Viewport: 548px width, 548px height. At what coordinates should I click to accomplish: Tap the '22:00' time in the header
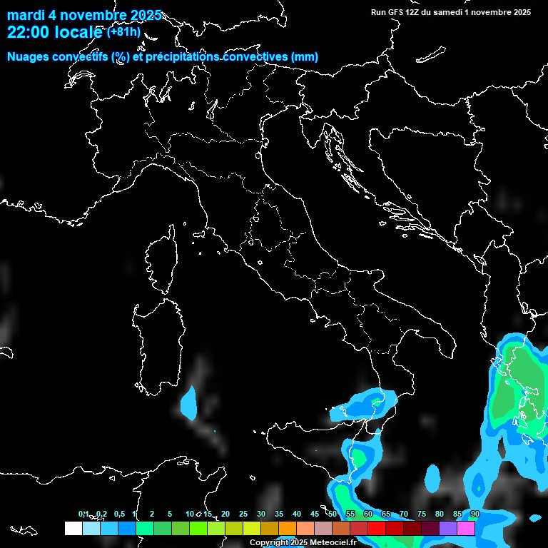pyautogui.click(x=26, y=33)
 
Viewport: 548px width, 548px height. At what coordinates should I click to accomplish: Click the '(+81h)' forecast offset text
pyautogui.click(x=124, y=31)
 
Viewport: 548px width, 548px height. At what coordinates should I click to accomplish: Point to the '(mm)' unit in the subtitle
pyautogui.click(x=304, y=57)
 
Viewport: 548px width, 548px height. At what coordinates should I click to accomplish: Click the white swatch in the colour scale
pyautogui.click(x=73, y=528)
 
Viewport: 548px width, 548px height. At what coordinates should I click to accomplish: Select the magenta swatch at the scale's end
pyautogui.click(x=466, y=528)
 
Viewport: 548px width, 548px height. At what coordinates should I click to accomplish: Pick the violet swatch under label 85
pyautogui.click(x=448, y=528)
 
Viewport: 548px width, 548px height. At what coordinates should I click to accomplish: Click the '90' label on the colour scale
pyautogui.click(x=475, y=514)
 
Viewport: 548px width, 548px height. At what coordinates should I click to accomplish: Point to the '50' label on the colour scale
pyautogui.click(x=333, y=514)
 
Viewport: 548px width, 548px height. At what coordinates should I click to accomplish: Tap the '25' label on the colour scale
pyautogui.click(x=243, y=514)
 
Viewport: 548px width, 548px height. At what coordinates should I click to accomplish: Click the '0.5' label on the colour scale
pyautogui.click(x=118, y=514)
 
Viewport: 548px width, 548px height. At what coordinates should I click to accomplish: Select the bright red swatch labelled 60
pyautogui.click(x=377, y=528)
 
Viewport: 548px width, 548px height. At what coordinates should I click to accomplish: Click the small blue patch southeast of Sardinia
pyautogui.click(x=188, y=402)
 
